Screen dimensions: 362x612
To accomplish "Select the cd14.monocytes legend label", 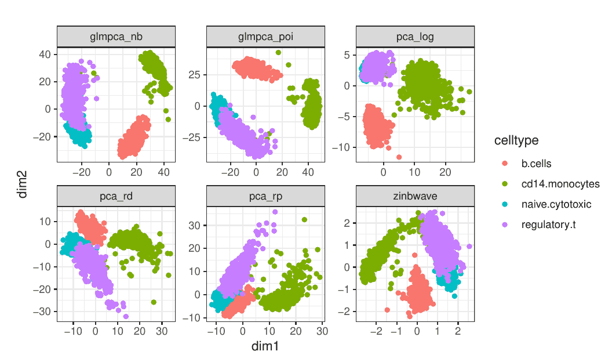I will [560, 184].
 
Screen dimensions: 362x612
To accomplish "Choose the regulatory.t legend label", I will [549, 225].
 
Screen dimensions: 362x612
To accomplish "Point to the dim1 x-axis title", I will [265, 346].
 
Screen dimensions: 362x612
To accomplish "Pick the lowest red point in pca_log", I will [399, 157].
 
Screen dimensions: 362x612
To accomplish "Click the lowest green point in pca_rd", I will [154, 302].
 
